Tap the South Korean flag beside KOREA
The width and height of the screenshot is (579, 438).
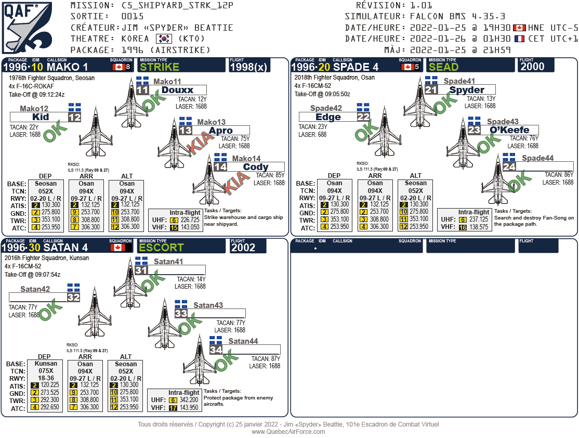click(x=164, y=39)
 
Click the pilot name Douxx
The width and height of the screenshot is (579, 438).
click(x=177, y=90)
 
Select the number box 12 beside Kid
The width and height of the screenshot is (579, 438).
click(x=74, y=117)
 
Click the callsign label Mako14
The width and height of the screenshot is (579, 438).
click(x=246, y=159)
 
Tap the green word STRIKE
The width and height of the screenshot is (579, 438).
click(x=160, y=67)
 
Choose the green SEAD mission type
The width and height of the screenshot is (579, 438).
click(x=443, y=67)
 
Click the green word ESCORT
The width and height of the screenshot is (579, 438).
click(x=161, y=248)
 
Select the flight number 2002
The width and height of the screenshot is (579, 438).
click(x=243, y=248)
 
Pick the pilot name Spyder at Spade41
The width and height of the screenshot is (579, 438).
click(x=467, y=90)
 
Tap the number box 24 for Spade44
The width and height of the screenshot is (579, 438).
click(x=509, y=167)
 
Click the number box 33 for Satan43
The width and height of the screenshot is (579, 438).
click(x=181, y=314)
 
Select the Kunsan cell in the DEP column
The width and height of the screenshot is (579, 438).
click(x=46, y=364)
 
